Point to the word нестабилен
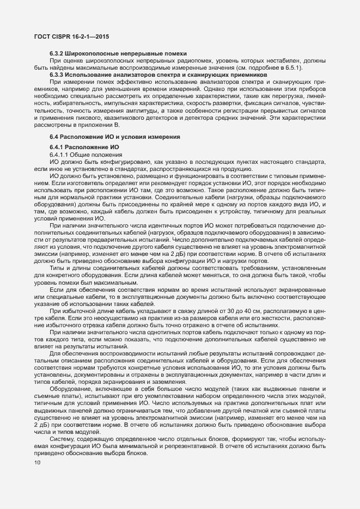click(x=286, y=60)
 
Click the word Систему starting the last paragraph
click(x=63, y=424)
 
